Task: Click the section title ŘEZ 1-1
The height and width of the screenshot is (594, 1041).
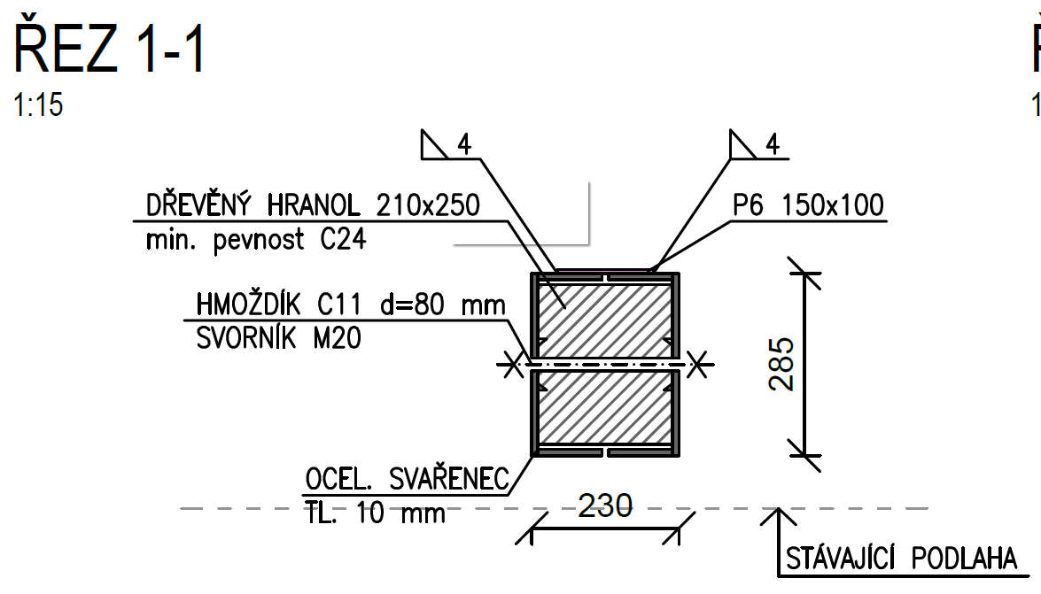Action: [x=110, y=50]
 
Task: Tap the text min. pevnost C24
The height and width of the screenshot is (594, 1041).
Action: [x=256, y=239]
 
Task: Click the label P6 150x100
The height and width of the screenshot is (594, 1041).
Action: [x=808, y=206]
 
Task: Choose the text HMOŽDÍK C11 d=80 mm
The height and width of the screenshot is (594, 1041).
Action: [x=350, y=306]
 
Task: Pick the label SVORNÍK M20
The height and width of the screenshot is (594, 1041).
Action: [x=278, y=338]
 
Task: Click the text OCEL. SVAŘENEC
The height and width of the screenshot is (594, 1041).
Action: [x=408, y=480]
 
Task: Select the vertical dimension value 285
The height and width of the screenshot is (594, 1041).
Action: [x=781, y=363]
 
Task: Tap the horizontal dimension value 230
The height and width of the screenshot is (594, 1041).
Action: [x=605, y=506]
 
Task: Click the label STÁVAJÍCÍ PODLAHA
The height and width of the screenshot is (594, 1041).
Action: [x=901, y=559]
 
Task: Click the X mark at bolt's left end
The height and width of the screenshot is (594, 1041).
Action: [x=510, y=363]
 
